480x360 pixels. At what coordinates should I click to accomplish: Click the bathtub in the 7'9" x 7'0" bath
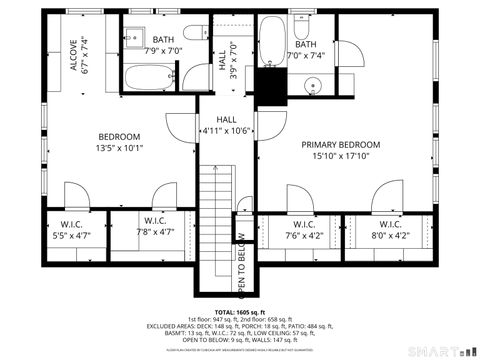(x=150, y=78)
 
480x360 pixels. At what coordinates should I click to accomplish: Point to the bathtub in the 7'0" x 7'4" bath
(x=272, y=40)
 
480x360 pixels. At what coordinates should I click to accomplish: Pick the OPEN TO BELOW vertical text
(x=240, y=257)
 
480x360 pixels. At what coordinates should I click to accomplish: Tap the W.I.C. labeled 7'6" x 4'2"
(x=304, y=230)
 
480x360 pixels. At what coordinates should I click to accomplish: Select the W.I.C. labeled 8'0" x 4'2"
(x=390, y=230)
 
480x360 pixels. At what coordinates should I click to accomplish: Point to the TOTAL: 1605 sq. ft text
(x=240, y=311)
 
